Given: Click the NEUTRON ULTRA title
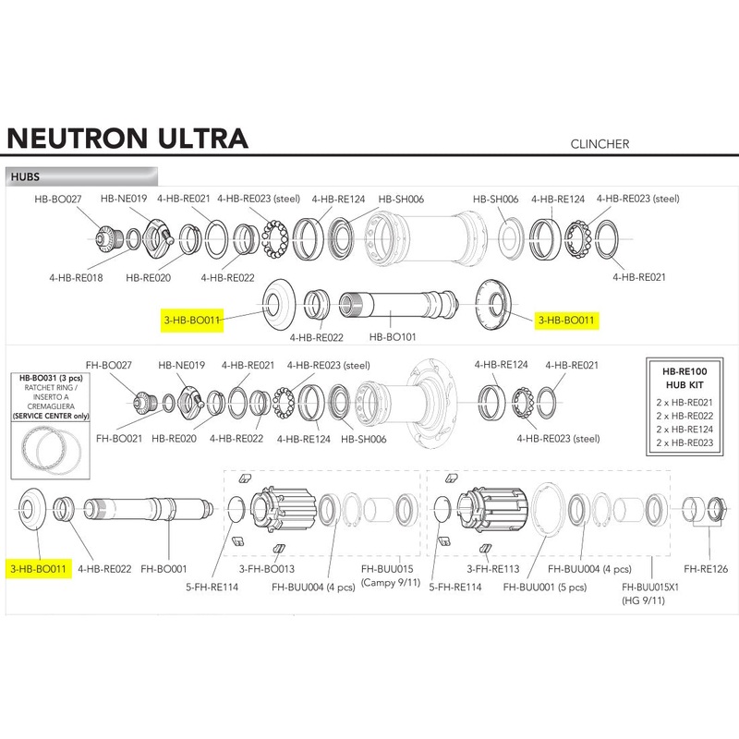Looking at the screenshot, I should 127,137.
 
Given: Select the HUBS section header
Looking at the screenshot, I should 24,176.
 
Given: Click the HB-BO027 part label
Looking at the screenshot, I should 59,198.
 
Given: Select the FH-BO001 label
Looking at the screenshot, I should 164,569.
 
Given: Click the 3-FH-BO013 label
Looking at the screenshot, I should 266,569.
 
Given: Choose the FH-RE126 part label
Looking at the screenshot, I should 707,569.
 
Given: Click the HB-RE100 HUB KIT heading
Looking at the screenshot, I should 684,376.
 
